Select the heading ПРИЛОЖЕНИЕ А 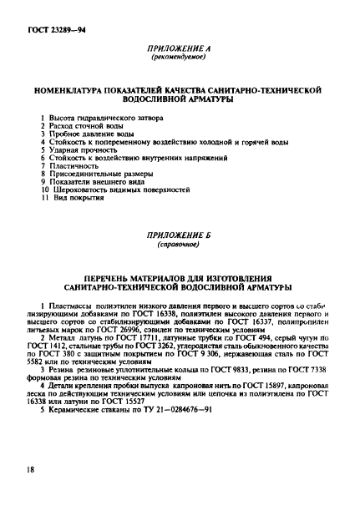coord(180,49)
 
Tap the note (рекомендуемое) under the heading coord(180,59)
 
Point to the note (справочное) coord(180,248)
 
